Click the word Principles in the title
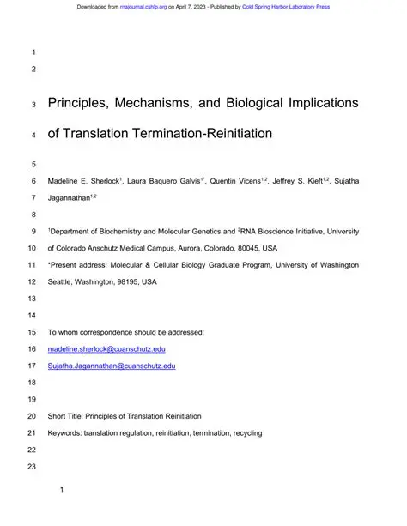pos(83,104)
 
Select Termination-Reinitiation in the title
pos(211,134)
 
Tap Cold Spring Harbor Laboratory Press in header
pos(288,7)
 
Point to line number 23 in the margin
pos(34,466)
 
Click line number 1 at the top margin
pos(34,51)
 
